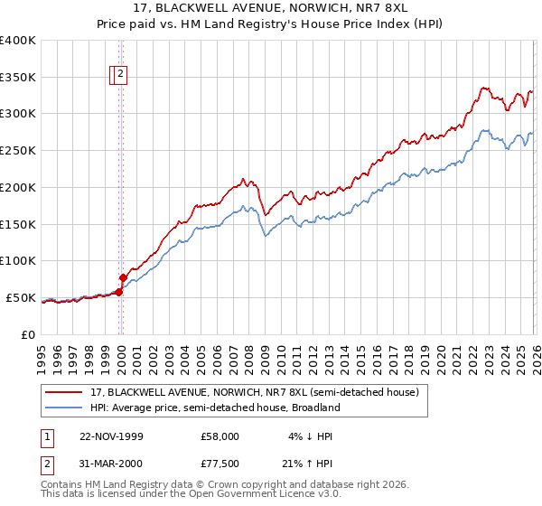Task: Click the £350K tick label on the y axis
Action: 18,78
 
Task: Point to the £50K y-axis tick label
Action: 21,297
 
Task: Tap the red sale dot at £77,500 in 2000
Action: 124,277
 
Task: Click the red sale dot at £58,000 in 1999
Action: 118,292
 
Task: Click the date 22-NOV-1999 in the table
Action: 111,436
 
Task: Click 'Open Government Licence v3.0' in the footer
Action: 261,495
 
